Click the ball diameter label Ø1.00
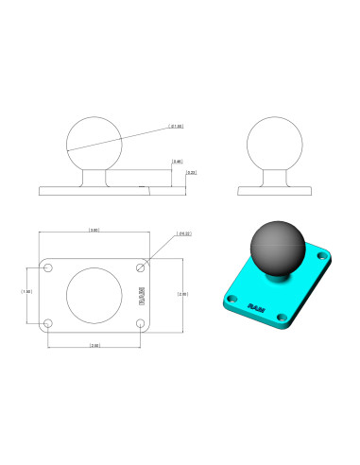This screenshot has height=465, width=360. pos(175,125)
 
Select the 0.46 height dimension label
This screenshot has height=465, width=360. pos(177,162)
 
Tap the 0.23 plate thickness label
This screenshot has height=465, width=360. pos(191,172)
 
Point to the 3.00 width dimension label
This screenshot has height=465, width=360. pos(94,230)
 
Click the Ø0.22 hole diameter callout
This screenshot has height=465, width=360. pos(184,233)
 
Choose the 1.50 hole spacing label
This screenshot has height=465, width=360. pos(26,291)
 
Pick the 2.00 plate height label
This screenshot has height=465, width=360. pos(181,294)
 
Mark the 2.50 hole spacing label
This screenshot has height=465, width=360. pos(94,345)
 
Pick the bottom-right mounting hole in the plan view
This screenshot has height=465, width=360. pos(140,323)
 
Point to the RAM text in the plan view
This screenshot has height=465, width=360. pos(142,295)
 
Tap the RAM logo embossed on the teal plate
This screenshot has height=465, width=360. pos(256,307)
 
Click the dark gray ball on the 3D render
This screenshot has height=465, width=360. pos(277,247)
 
